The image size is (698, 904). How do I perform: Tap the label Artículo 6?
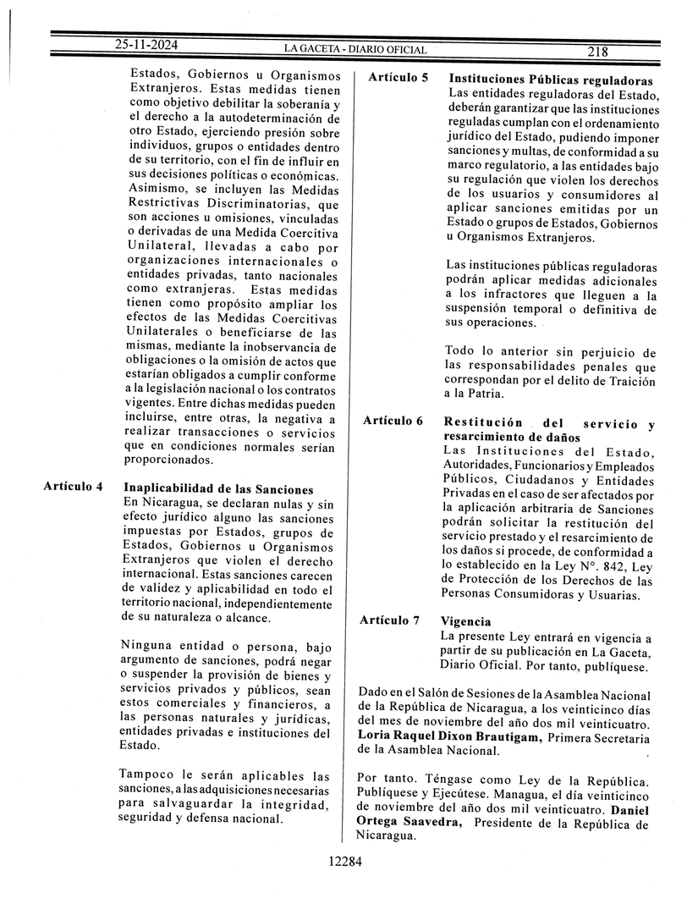point(393,422)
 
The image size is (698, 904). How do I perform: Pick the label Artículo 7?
point(390,620)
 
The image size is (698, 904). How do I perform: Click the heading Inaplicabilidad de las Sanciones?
point(218,489)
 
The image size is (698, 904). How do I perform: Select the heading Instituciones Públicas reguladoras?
point(550,79)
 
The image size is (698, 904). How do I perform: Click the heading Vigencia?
point(466,621)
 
